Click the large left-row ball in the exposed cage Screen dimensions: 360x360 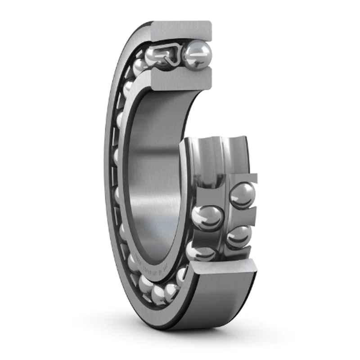[207, 218]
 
